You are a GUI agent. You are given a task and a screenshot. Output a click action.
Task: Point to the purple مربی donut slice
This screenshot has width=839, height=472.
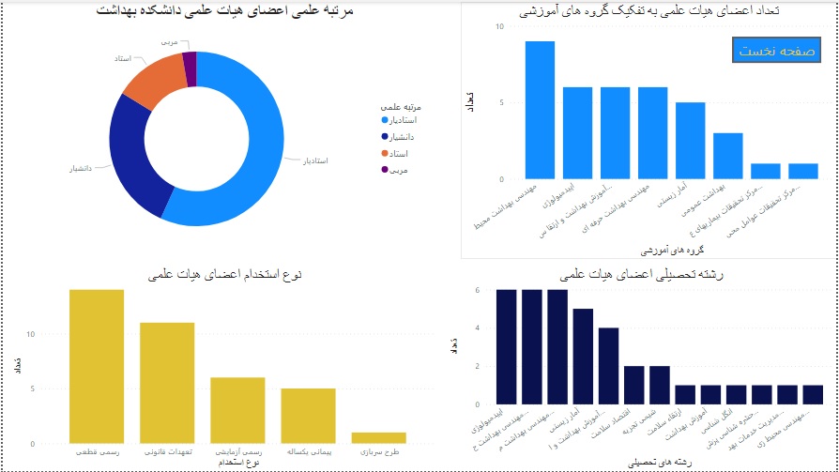coord(190,68)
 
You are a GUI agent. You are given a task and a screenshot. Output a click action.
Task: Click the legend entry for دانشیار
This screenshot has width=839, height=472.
coord(399,137)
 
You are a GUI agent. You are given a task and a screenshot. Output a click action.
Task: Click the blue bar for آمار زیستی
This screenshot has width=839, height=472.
coord(690,140)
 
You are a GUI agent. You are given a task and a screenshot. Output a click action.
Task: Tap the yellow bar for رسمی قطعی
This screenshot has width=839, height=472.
coord(97,366)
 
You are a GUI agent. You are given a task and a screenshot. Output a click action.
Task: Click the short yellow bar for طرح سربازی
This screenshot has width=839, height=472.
coord(378,437)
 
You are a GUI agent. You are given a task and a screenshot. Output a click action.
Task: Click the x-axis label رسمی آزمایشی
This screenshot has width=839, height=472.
coord(238,453)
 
